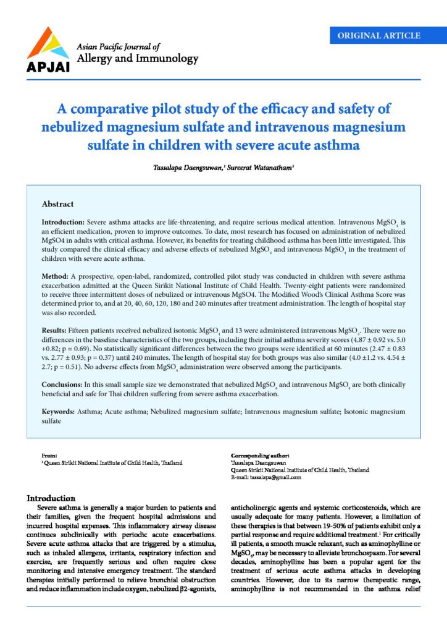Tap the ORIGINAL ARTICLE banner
[379, 36]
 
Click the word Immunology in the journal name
[169, 59]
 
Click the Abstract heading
[57, 203]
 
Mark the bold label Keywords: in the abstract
[62, 411]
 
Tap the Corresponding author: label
[260, 456]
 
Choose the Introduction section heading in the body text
[51, 498]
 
